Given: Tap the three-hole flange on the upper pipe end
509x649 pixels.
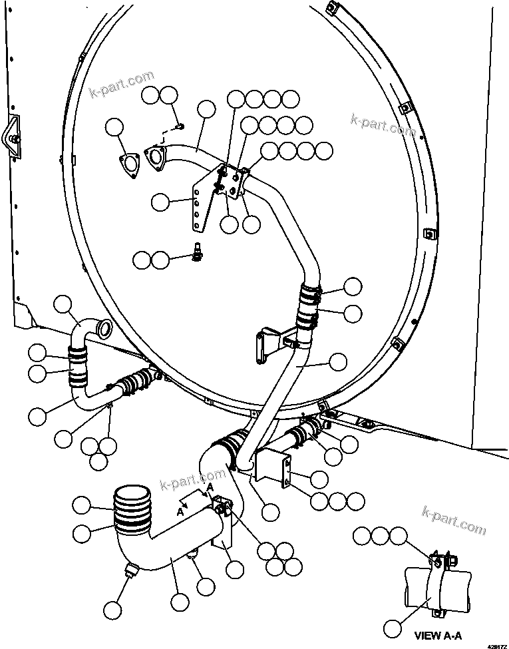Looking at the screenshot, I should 154,157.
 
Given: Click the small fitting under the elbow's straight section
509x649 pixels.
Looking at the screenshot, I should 192,556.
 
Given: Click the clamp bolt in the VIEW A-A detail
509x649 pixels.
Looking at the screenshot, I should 439,560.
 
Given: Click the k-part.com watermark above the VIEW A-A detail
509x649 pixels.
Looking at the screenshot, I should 454,520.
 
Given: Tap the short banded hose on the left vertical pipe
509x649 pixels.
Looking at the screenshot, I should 79,367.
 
